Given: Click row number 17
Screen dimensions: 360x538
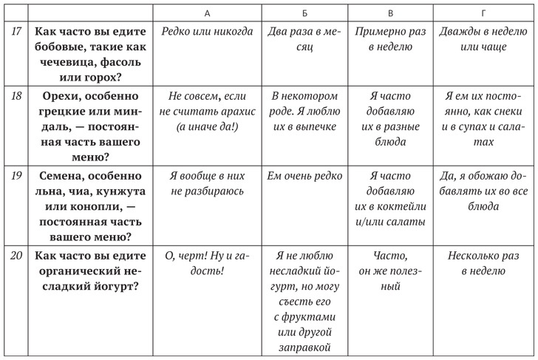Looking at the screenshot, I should [x=14, y=33].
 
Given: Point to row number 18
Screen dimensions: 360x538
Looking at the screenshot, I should [x=14, y=96].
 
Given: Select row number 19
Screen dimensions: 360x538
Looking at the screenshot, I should [x=14, y=176].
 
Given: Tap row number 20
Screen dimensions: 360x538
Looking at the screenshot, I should [x=14, y=256].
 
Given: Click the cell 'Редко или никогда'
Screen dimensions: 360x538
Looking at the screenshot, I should [x=211, y=32].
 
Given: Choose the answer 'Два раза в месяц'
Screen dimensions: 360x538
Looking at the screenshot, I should [x=305, y=39].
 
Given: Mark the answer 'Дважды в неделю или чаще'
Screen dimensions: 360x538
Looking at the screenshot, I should [x=483, y=39].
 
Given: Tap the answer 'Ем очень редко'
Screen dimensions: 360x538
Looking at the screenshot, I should [x=305, y=176].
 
